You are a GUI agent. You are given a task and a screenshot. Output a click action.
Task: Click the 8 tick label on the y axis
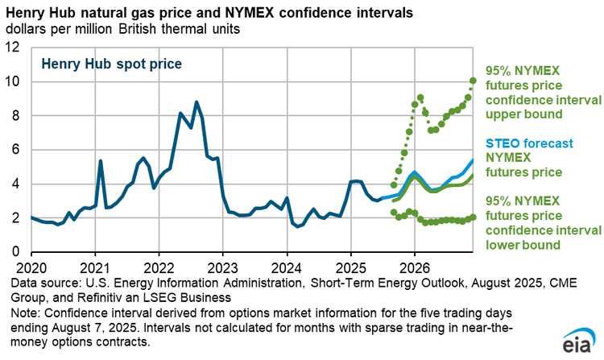[17, 116]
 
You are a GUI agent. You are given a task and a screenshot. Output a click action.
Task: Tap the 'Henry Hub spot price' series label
[111, 63]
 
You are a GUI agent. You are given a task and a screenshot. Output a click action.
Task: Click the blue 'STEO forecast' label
[528, 144]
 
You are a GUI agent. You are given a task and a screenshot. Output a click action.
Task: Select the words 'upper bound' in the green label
[523, 114]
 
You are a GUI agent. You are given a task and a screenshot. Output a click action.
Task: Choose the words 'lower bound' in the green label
[522, 243]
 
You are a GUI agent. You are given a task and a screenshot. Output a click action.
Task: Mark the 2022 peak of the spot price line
[197, 102]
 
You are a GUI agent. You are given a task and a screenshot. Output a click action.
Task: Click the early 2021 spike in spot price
[101, 161]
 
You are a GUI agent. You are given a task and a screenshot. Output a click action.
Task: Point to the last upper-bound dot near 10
[474, 81]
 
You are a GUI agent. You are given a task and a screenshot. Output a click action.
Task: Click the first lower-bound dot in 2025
[393, 213]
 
